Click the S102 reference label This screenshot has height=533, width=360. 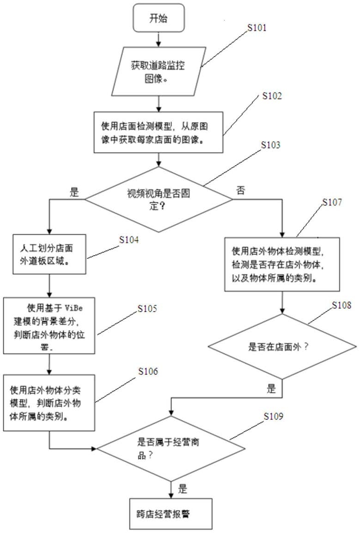click(272, 96)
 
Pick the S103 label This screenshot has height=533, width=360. click(270, 145)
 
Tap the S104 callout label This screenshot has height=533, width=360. click(129, 240)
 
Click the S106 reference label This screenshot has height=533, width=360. click(148, 371)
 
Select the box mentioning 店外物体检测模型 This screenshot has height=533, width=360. click(282, 264)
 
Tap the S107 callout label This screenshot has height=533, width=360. click(332, 202)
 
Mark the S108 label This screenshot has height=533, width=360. click(342, 305)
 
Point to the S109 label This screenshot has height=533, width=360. click(273, 416)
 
